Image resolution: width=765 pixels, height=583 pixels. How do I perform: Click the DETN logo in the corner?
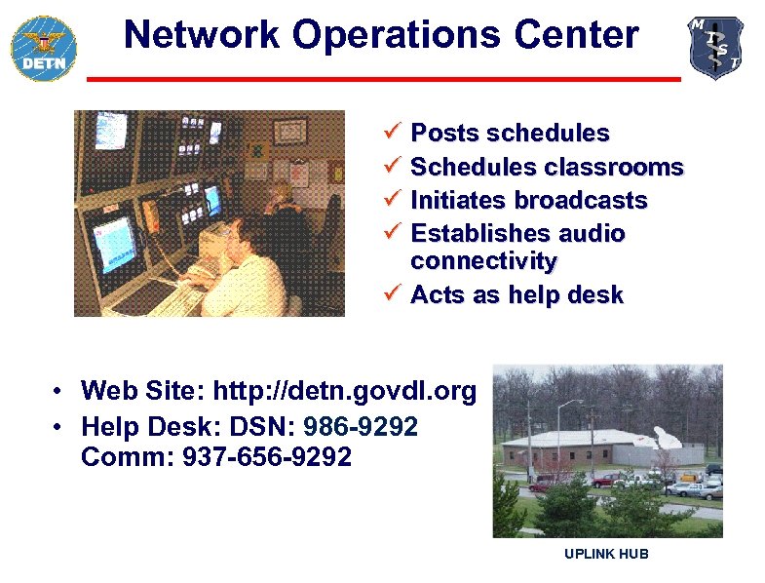coord(43,47)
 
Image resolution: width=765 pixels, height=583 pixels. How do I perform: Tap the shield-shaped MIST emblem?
coord(716,47)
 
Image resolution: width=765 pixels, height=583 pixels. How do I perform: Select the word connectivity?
coord(483,261)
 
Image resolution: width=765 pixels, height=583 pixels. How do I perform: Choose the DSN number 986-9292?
coord(361,426)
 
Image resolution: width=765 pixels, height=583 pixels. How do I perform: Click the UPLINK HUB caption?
coord(606,555)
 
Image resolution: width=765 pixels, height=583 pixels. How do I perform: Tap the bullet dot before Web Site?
coord(59,393)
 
